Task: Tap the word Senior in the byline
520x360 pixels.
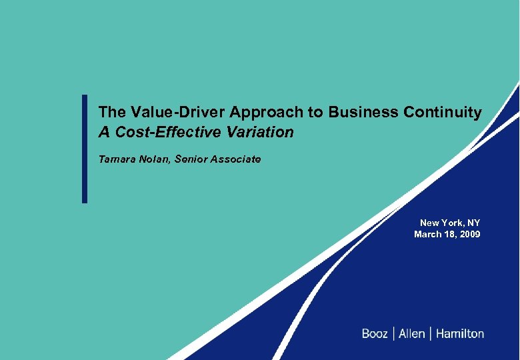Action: pyautogui.click(x=191, y=159)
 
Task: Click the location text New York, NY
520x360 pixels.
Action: pyautogui.click(x=450, y=223)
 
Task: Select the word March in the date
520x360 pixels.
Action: pyautogui.click(x=427, y=234)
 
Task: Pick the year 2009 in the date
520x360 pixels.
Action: pyautogui.click(x=469, y=234)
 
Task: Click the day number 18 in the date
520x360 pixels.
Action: pyautogui.click(x=449, y=234)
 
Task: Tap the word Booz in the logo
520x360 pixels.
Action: pyautogui.click(x=374, y=333)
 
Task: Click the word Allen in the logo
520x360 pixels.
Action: pyautogui.click(x=411, y=333)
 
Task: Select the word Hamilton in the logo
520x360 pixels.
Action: pyautogui.click(x=460, y=333)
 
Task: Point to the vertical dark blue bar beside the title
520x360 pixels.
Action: pyautogui.click(x=85, y=148)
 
